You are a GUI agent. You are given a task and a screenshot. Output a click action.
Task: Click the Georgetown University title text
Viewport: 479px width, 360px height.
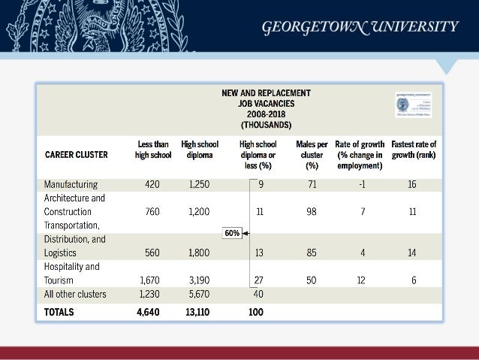[x=360, y=28]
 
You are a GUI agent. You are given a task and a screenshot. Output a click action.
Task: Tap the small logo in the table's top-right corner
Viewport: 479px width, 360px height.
[x=414, y=104]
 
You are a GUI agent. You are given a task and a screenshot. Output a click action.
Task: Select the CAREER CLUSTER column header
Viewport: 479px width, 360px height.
[x=76, y=155]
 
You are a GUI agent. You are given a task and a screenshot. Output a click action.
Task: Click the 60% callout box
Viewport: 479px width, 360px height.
[x=232, y=233]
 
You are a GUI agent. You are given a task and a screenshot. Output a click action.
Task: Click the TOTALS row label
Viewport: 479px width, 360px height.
[x=59, y=311]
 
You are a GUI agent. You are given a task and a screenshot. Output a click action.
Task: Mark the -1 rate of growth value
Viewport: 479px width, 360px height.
[x=362, y=184]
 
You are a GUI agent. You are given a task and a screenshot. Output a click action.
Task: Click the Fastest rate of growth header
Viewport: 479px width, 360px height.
[x=414, y=149]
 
